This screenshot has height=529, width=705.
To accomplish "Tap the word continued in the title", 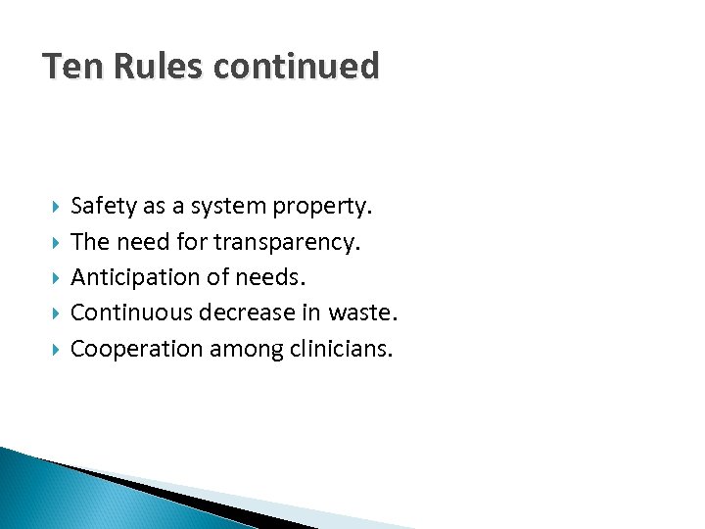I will click(x=297, y=67).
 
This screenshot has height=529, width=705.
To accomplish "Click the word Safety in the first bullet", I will click(x=103, y=207).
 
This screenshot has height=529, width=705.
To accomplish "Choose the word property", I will click(x=322, y=207).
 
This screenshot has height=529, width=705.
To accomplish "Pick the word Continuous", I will click(x=132, y=313).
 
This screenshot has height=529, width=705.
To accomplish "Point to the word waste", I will click(x=364, y=313).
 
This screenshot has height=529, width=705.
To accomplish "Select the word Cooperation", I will click(x=137, y=348).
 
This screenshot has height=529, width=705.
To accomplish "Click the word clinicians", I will click(x=341, y=348).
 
